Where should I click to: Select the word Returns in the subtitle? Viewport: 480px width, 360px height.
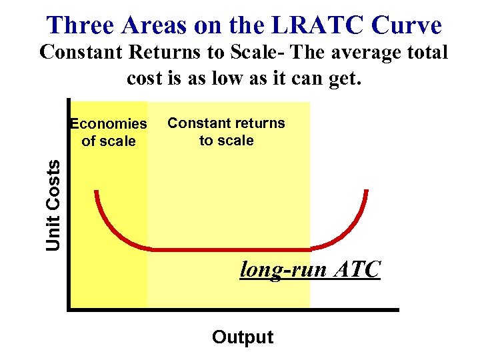(175, 52)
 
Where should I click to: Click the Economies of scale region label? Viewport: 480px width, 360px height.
(109, 132)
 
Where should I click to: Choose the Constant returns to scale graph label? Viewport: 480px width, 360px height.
(226, 131)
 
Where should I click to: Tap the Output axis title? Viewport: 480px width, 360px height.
(243, 337)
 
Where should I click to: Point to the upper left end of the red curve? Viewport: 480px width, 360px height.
(97, 192)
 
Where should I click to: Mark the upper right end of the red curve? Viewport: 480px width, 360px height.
(367, 192)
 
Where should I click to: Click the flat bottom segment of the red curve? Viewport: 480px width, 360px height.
(233, 250)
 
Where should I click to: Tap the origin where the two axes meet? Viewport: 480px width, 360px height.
(69, 309)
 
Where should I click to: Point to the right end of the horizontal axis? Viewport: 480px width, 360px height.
(397, 309)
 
